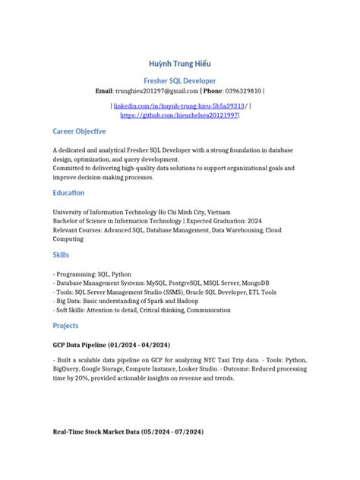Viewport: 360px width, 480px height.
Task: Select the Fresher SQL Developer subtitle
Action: click(180, 80)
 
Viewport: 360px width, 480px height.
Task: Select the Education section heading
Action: click(68, 193)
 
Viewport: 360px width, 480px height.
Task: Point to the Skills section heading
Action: click(60, 254)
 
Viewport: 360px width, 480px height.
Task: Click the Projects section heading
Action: click(65, 325)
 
